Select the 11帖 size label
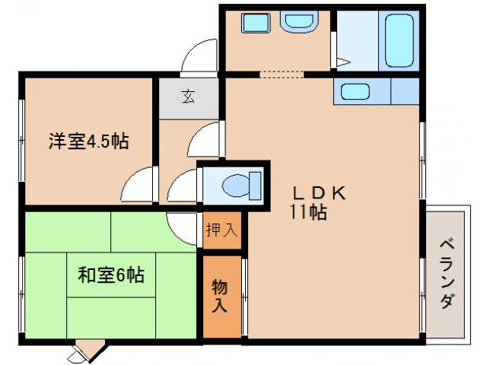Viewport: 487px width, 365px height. [x=307, y=213]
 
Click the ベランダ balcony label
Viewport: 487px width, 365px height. [x=447, y=275]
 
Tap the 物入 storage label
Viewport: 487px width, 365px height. [x=220, y=297]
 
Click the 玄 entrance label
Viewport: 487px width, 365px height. [x=188, y=97]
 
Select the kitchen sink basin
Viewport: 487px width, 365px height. [x=356, y=91]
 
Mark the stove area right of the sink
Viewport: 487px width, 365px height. [x=405, y=91]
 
